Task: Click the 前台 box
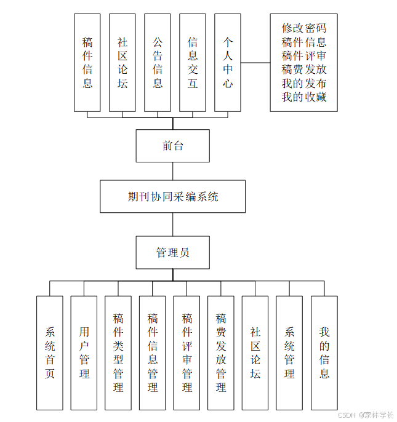tap(172, 146)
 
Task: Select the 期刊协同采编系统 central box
tap(172, 197)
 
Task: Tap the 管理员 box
tap(172, 252)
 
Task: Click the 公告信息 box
tap(158, 62)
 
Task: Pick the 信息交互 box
tap(193, 62)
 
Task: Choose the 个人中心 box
tap(228, 62)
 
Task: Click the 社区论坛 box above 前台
tap(122, 62)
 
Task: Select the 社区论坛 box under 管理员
tap(255, 352)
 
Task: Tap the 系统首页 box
tap(50, 352)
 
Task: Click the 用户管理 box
tap(84, 352)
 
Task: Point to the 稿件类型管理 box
tap(118, 352)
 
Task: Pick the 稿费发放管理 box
tap(221, 352)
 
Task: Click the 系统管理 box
tap(289, 352)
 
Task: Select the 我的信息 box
tap(324, 352)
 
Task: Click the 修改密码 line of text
tap(304, 28)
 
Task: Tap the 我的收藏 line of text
tap(304, 97)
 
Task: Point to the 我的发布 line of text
tap(304, 84)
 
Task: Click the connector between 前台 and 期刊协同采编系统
tap(172, 171)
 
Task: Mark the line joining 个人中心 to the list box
tap(255, 62)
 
